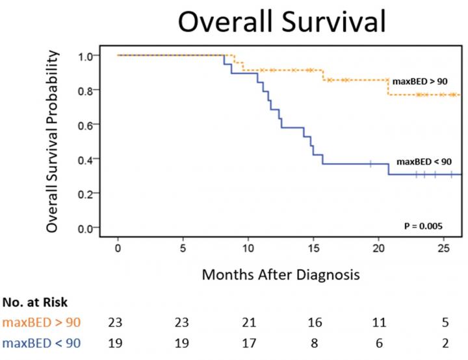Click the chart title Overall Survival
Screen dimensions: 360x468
(282, 22)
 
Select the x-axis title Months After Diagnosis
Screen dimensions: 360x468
(280, 274)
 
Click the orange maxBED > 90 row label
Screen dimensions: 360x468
(41, 322)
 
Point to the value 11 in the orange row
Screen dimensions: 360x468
(379, 322)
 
